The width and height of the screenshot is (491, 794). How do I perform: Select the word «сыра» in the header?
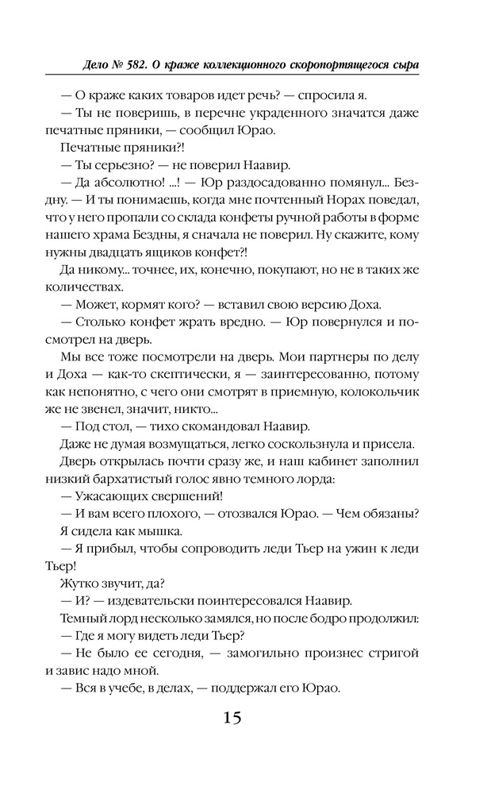tap(403, 63)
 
